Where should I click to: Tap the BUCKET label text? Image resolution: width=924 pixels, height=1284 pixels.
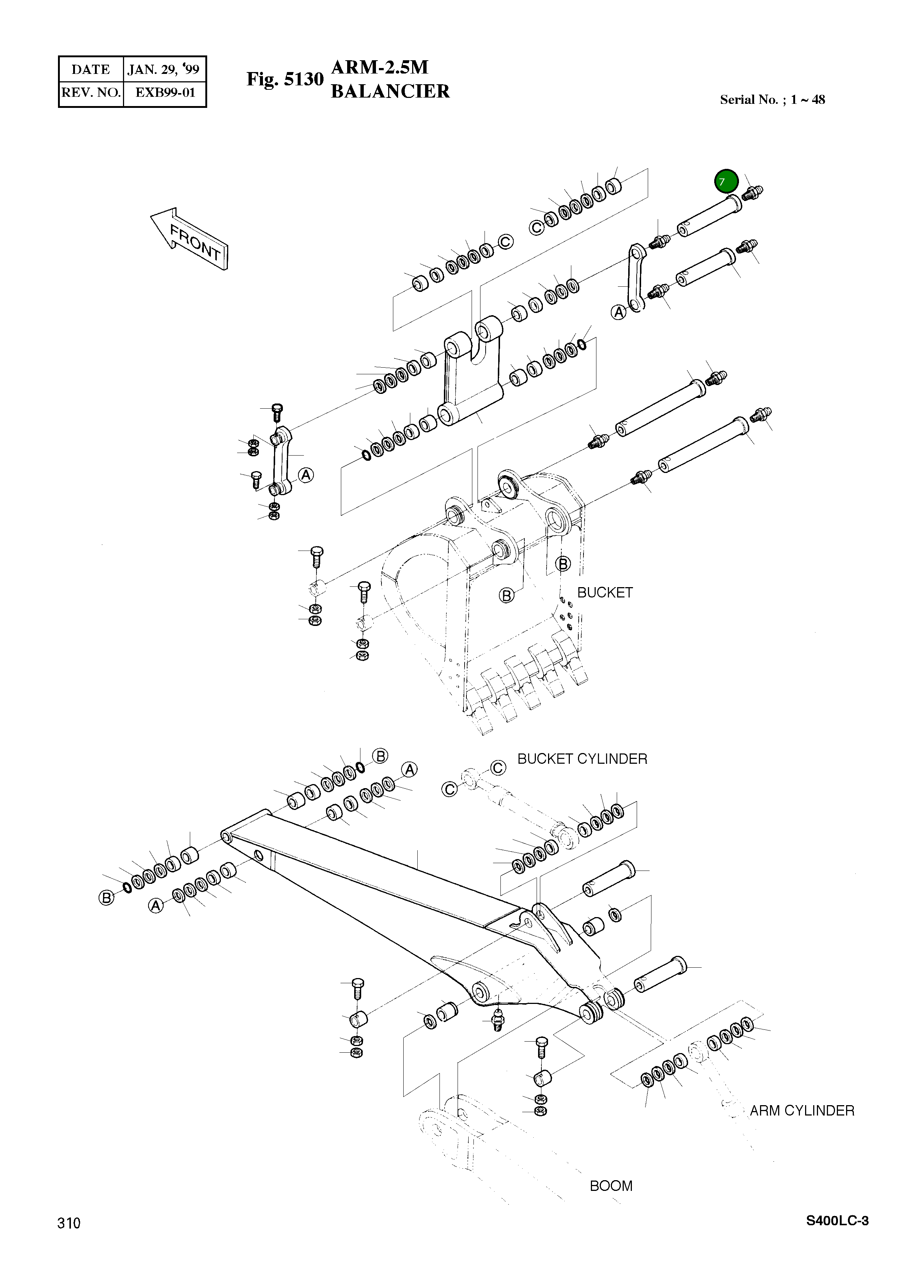(x=604, y=592)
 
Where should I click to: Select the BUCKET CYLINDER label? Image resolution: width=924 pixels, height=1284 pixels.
(x=582, y=759)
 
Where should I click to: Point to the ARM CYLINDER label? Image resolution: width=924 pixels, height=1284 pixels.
(x=801, y=1110)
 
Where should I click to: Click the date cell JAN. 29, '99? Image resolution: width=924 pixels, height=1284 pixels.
(x=164, y=69)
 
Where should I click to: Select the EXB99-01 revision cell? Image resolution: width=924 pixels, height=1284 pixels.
(x=165, y=93)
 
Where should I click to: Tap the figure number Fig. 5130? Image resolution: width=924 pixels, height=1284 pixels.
(x=285, y=79)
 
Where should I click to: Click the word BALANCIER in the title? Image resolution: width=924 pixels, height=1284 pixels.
(x=390, y=91)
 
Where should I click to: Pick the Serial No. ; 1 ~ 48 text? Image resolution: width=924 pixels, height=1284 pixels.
(x=772, y=100)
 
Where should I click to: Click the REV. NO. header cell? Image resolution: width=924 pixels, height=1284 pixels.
(x=90, y=93)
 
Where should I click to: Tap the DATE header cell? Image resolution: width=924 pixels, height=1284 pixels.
(x=90, y=69)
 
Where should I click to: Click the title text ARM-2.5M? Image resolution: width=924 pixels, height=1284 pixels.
(x=380, y=67)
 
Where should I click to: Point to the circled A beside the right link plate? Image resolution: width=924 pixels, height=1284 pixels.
(x=619, y=312)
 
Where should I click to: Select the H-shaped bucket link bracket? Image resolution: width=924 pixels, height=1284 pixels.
(x=472, y=374)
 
